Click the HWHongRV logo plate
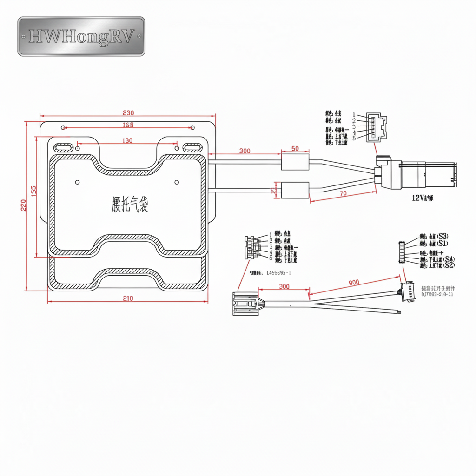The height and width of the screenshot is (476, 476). point(81,37)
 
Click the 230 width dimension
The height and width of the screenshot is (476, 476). point(128,113)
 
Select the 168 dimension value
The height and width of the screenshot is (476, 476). point(128,125)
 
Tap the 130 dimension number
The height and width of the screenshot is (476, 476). point(127,140)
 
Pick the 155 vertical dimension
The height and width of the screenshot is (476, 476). point(33,191)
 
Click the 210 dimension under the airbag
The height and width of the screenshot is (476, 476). point(128,298)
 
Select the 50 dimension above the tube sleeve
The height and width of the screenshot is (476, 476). point(295,148)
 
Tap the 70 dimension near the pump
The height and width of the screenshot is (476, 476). point(343,193)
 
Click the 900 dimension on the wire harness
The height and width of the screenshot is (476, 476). point(353,282)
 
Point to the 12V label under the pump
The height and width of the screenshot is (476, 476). point(422,198)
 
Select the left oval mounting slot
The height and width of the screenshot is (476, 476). point(63,148)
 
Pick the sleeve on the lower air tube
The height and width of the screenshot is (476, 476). point(295,190)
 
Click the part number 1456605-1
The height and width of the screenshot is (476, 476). point(278,273)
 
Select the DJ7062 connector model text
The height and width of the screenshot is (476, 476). point(437,294)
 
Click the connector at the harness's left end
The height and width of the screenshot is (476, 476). point(245,304)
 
